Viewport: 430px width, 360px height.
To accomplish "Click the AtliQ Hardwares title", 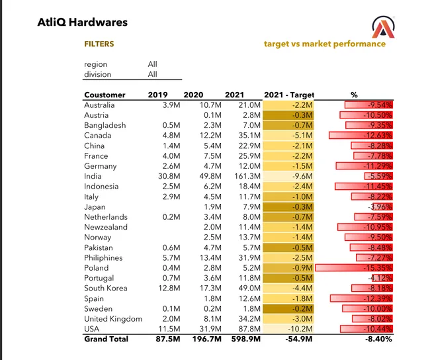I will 83,22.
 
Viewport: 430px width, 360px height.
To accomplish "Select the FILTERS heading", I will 99,44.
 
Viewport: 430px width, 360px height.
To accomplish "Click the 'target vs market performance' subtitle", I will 324,44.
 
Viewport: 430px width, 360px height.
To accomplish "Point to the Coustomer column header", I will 105,95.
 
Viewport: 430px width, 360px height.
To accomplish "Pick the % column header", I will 353,95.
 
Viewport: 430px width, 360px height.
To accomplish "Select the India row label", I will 93,176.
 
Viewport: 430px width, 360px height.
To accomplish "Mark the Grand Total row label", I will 106,339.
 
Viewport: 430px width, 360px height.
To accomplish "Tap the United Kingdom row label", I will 113,319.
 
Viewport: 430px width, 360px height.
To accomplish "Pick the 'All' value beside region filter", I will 152,64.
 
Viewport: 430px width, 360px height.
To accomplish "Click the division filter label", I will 98,74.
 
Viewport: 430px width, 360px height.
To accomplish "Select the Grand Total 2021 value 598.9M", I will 246,339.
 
